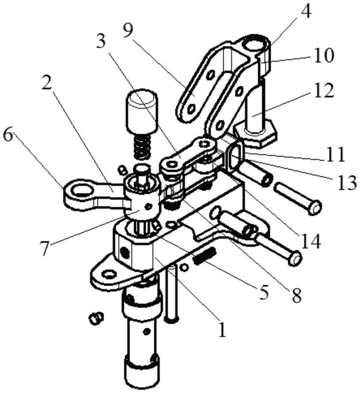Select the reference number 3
pyautogui.click(x=101, y=42)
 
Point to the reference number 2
pyautogui.click(x=47, y=81)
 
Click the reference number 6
pyautogui.click(x=8, y=136)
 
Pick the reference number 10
pyautogui.click(x=323, y=56)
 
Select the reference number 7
pyautogui.click(x=44, y=248)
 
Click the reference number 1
pyautogui.click(x=222, y=329)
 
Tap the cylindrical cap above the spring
pyautogui.click(x=142, y=112)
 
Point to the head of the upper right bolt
pyautogui.click(x=314, y=207)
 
